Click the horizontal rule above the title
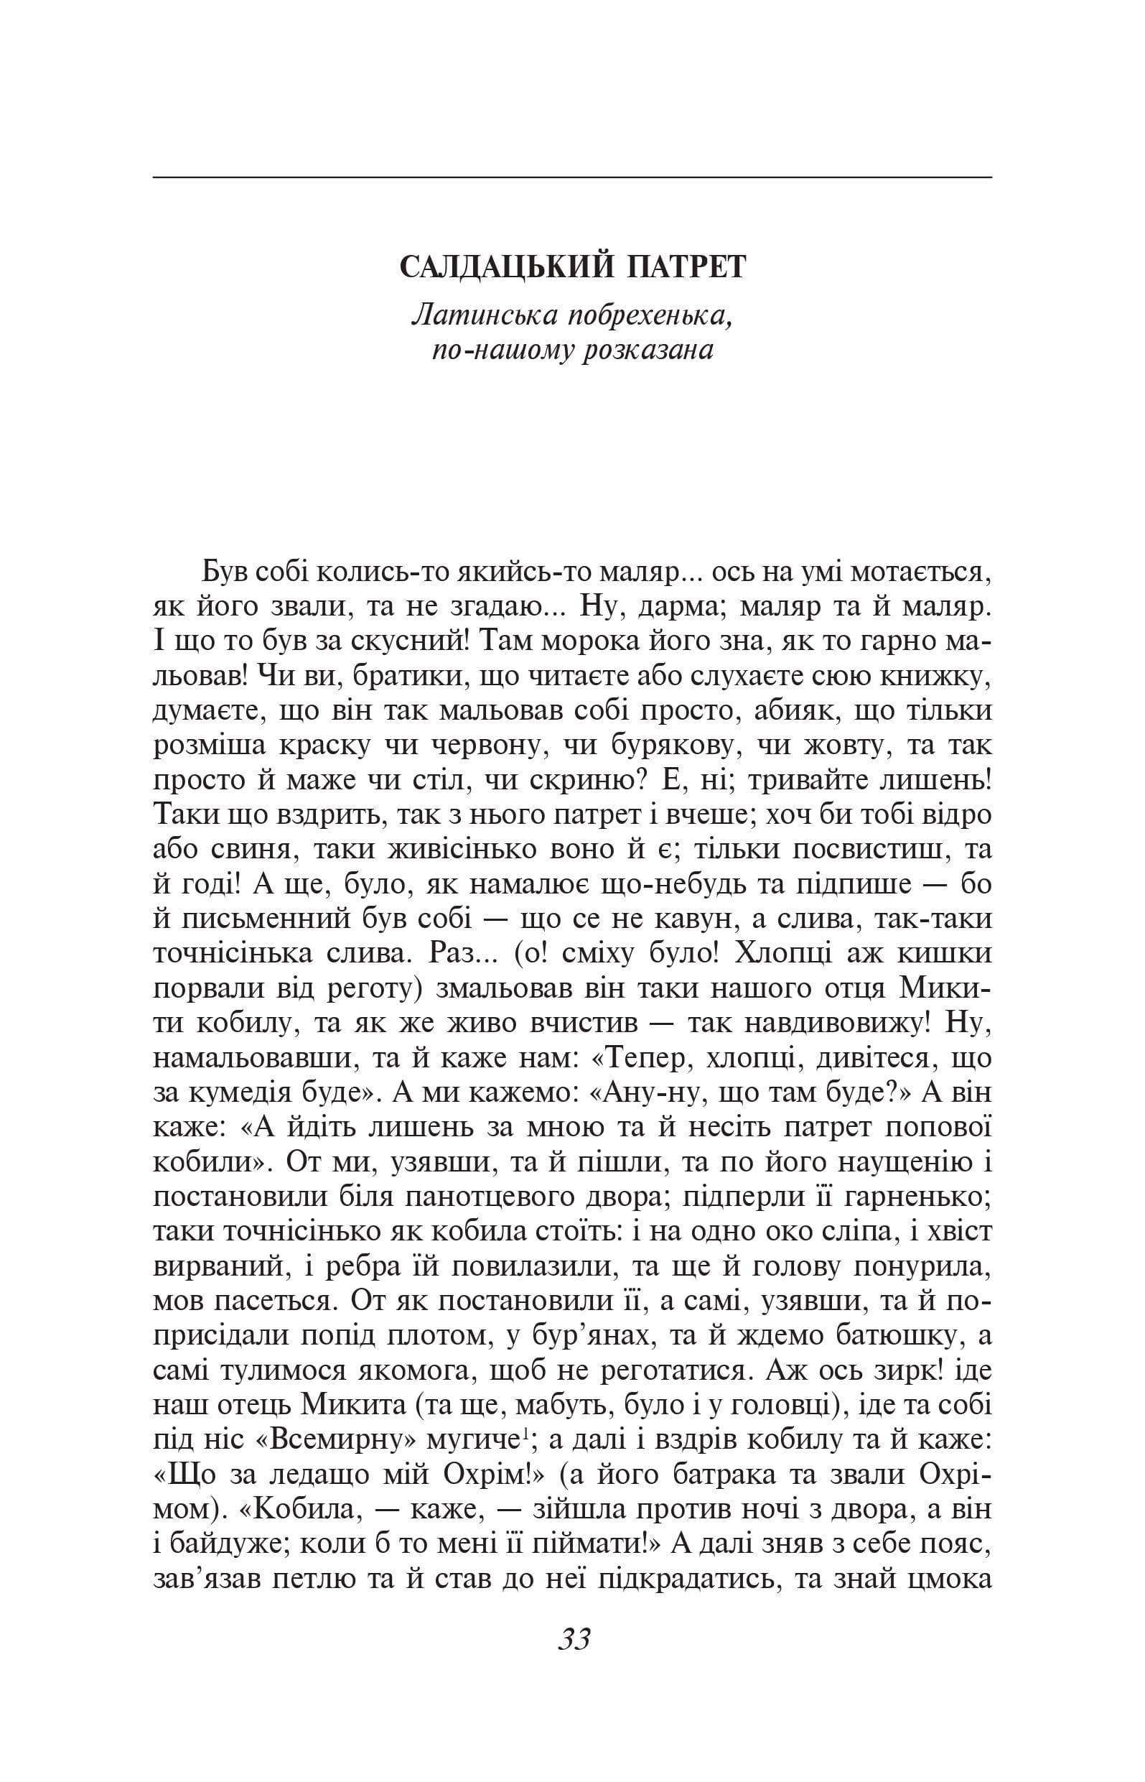point(573,177)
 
